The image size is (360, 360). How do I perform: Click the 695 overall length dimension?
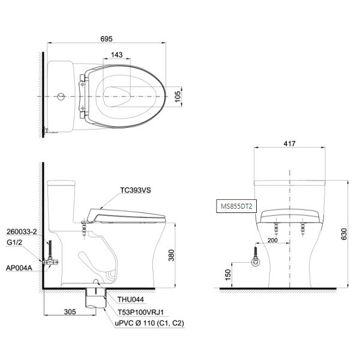[x=107, y=39]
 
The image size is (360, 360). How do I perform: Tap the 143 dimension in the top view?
[x=116, y=55]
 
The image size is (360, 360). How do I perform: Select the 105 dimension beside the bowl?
[x=178, y=97]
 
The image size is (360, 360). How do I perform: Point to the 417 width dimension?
[x=289, y=143]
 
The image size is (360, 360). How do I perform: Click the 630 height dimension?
[x=344, y=234]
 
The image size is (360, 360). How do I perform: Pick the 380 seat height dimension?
[x=171, y=255]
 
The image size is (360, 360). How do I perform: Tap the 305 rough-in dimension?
[x=70, y=311]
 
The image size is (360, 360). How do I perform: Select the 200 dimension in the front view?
[x=272, y=240]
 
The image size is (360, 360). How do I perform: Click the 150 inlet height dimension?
[x=227, y=275]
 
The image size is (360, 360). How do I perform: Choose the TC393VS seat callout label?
[x=136, y=190]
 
